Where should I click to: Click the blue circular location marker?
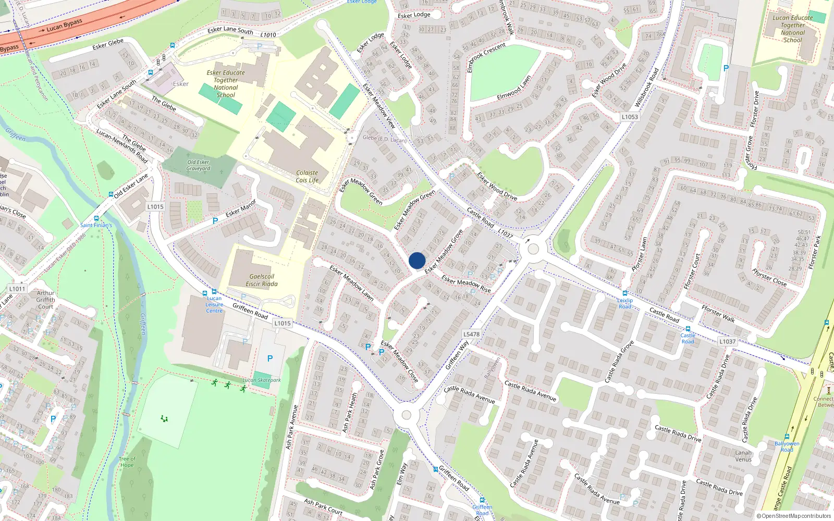click(x=417, y=260)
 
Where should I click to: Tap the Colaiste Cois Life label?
click(x=307, y=177)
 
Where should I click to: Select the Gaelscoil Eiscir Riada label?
click(x=262, y=280)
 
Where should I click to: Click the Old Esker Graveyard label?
click(x=199, y=165)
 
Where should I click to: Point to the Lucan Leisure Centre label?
click(x=214, y=305)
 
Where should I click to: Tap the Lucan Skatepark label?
click(x=262, y=380)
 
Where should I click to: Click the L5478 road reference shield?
click(x=471, y=334)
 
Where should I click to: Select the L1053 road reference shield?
click(x=630, y=117)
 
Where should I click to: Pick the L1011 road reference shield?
click(x=17, y=289)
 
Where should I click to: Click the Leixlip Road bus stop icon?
click(x=625, y=293)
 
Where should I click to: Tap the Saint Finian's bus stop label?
click(x=96, y=225)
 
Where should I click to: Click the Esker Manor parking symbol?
click(x=215, y=221)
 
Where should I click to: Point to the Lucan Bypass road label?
click(x=65, y=25)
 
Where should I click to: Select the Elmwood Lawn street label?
click(x=514, y=88)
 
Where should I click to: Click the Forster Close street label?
click(x=769, y=277)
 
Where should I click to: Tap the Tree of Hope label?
click(x=127, y=462)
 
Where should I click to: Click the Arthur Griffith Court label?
click(x=45, y=300)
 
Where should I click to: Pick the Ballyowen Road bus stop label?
click(x=787, y=446)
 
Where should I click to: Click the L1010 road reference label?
click(x=268, y=35)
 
